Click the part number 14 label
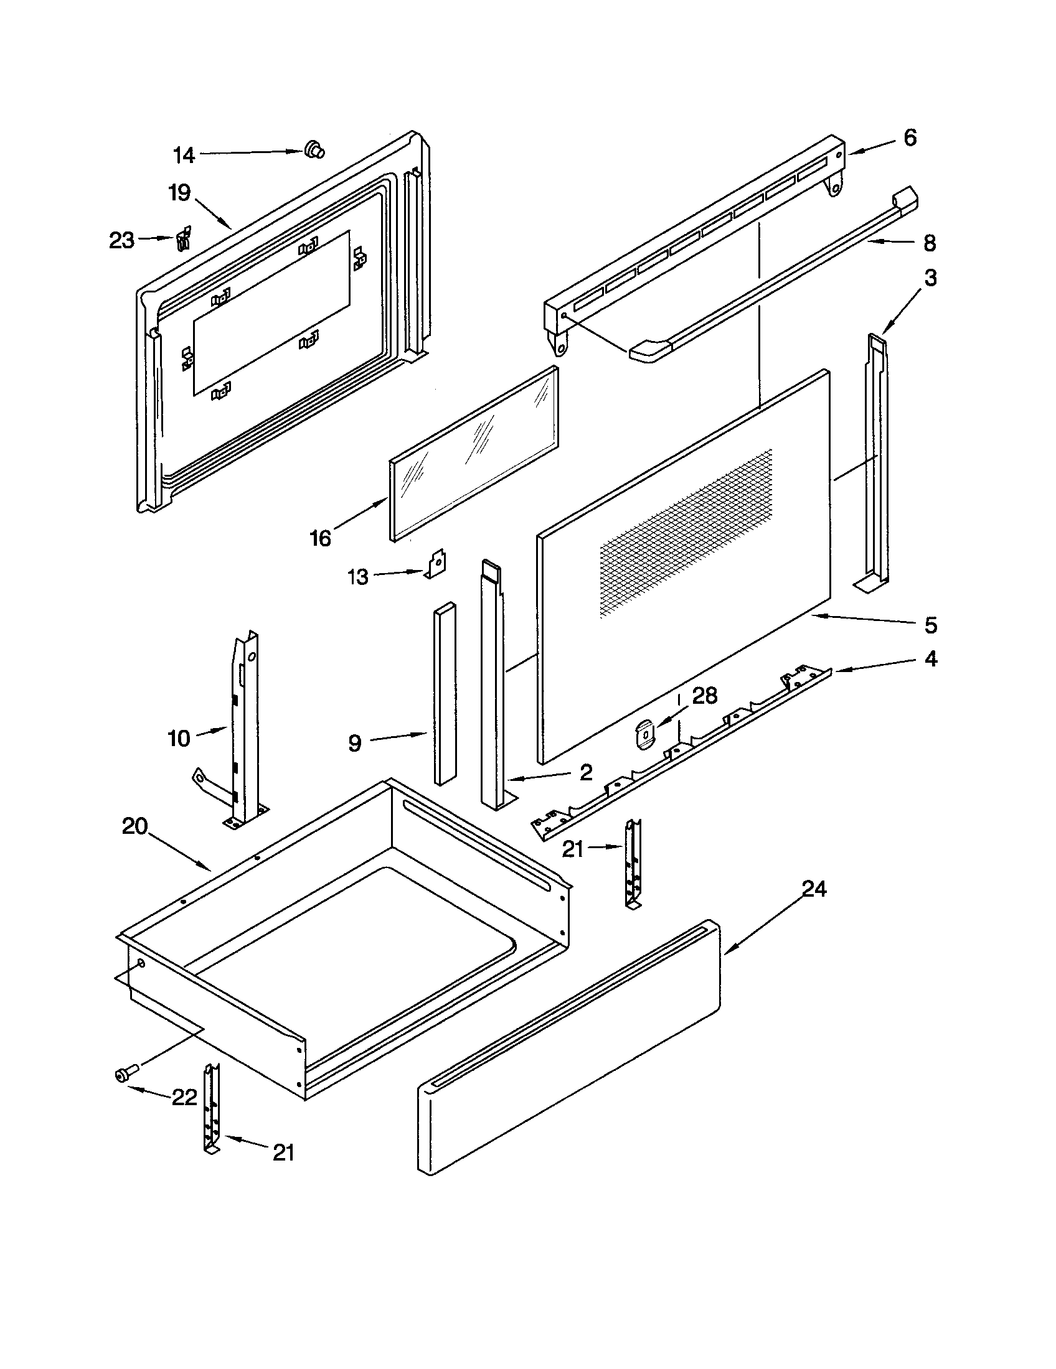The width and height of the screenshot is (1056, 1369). click(x=184, y=155)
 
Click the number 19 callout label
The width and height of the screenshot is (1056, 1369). click(x=179, y=193)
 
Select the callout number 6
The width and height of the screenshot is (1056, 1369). click(x=910, y=138)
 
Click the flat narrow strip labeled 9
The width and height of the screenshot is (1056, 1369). click(x=445, y=693)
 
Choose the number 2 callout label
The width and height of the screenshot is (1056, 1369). click(x=586, y=773)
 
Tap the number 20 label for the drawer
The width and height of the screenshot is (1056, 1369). click(x=135, y=826)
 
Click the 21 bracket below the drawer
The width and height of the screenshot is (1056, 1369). click(x=211, y=1109)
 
